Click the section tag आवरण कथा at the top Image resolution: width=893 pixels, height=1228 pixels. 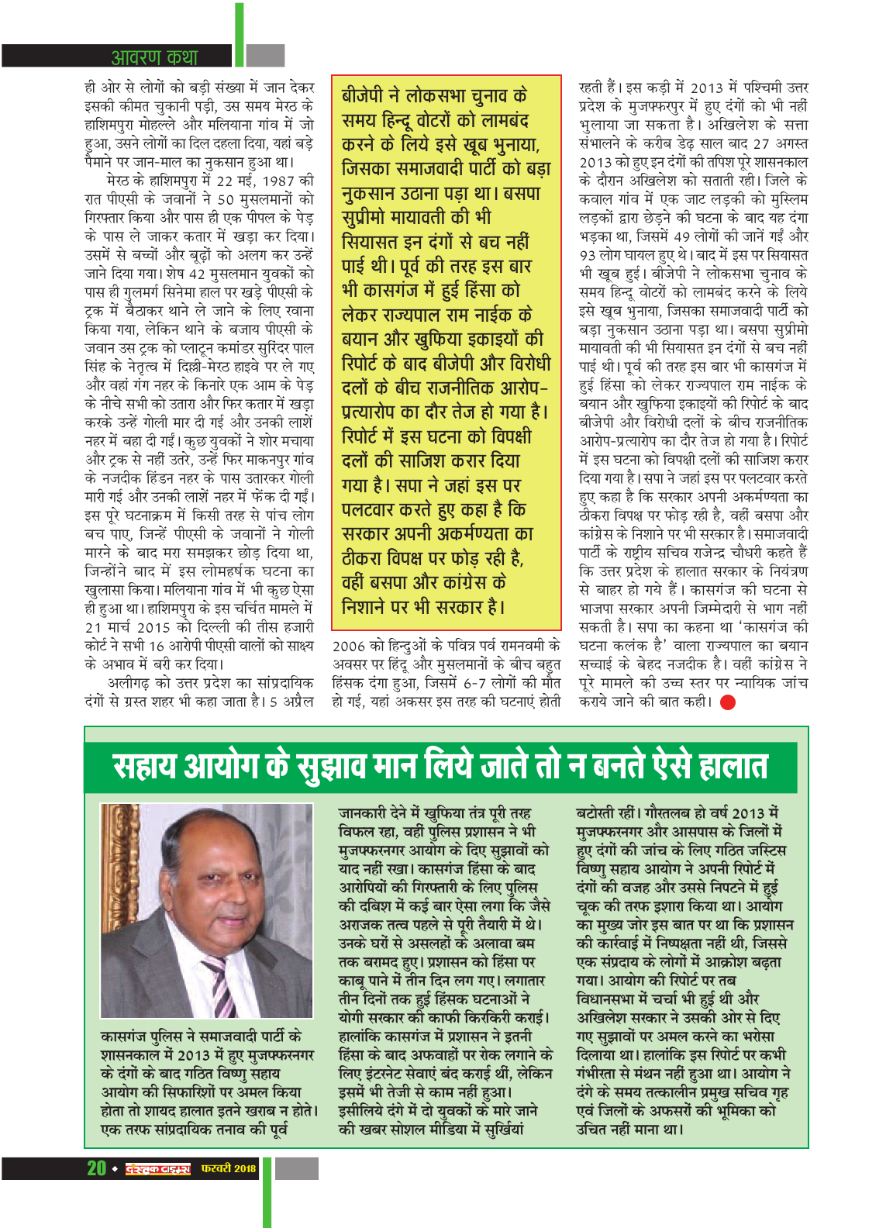154,57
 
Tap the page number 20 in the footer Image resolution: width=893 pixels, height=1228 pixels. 96,1168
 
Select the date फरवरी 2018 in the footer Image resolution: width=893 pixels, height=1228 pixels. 228,1168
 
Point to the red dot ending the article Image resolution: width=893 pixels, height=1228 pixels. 727,702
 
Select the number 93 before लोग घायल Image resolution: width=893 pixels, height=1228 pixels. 588,255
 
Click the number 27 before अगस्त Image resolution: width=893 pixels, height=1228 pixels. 761,143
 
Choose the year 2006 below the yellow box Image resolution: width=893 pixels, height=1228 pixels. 348,646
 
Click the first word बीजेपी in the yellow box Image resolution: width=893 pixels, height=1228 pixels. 363,96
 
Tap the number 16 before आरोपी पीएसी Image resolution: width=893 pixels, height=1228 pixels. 157,646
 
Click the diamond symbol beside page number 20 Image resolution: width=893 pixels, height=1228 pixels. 114,1169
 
